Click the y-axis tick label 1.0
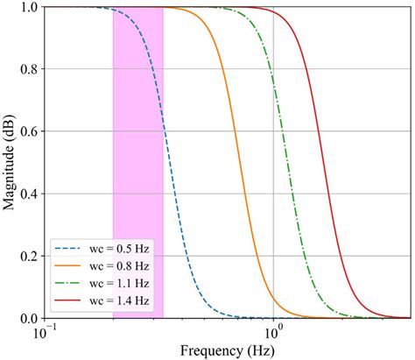[x=25, y=8]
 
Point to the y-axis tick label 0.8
[x=25, y=70]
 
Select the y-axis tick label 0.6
[x=25, y=132]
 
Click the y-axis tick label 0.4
[x=25, y=194]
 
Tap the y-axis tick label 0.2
[x=25, y=257]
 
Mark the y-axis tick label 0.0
[x=25, y=318]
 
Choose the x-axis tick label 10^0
[x=274, y=333]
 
